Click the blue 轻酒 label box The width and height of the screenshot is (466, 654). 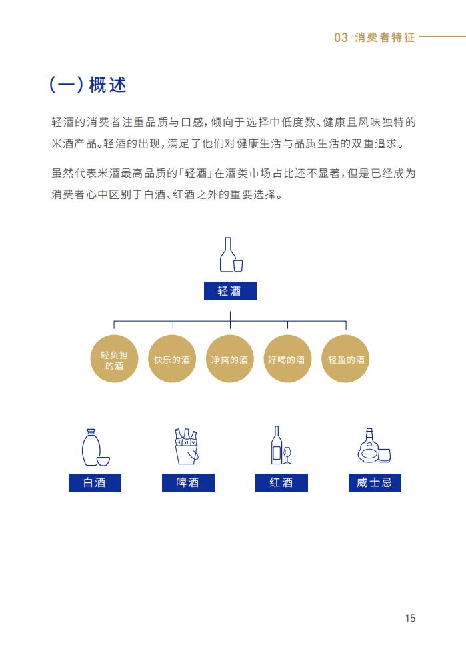click(230, 291)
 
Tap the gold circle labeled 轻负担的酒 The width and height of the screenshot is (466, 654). click(114, 359)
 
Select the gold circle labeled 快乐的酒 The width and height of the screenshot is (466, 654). click(172, 359)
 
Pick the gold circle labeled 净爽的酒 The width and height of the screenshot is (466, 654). click(229, 359)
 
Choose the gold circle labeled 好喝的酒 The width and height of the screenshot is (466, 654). click(287, 359)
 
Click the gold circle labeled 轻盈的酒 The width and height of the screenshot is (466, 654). click(346, 359)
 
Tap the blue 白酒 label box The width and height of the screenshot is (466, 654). click(95, 483)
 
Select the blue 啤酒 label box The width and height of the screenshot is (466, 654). click(188, 483)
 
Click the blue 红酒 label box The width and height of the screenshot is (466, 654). click(281, 483)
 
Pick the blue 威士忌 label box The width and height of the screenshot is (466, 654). click(375, 483)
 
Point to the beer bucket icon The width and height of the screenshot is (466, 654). click(186, 446)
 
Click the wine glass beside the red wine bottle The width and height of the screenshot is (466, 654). click(287, 455)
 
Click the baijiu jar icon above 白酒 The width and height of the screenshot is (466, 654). click(91, 447)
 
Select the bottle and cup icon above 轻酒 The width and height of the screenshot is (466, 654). click(231, 255)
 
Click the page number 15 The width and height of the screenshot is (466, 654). click(410, 618)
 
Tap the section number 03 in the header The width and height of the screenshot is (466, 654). click(341, 37)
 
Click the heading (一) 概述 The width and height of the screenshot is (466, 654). click(88, 85)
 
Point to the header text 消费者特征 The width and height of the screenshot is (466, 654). click(385, 37)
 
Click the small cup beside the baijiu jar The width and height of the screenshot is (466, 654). click(103, 460)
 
